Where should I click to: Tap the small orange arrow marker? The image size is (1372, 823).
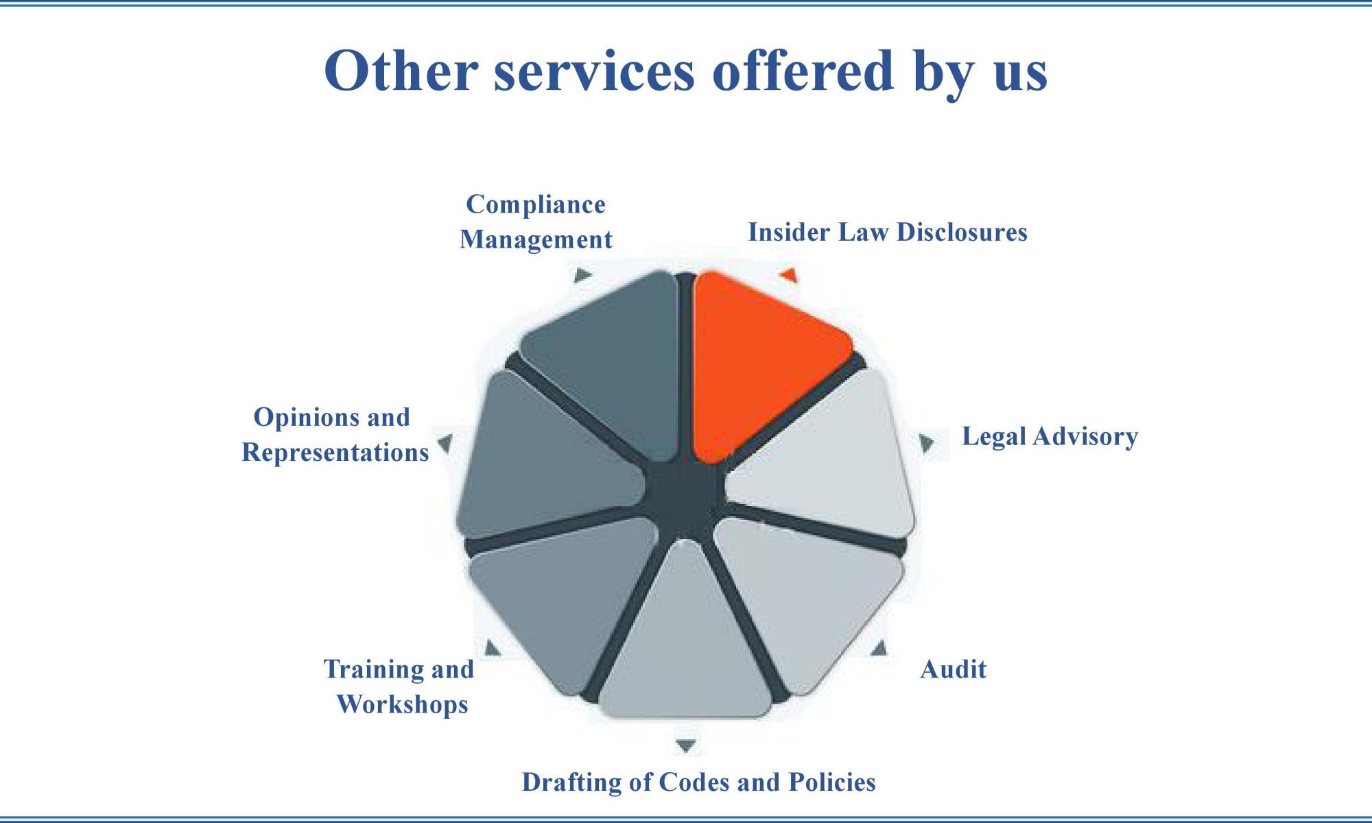click(x=789, y=276)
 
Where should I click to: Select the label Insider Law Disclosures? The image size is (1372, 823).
click(x=888, y=232)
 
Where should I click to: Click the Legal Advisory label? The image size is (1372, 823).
click(x=1050, y=437)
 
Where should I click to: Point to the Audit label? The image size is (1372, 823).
click(x=954, y=669)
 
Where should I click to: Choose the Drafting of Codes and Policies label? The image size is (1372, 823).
click(x=698, y=783)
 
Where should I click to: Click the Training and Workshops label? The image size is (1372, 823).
click(x=400, y=687)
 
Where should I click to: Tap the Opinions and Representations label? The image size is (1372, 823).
click(x=335, y=435)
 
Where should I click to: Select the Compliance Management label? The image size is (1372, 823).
click(x=536, y=222)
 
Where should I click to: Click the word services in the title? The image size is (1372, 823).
click(x=594, y=71)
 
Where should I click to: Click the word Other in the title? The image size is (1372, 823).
click(x=401, y=71)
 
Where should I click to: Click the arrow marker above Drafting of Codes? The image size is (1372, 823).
click(x=686, y=745)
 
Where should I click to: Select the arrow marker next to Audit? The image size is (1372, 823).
click(x=879, y=648)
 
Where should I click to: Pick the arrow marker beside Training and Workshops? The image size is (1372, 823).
click(x=492, y=647)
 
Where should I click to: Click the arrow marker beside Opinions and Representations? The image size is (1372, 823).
click(x=445, y=443)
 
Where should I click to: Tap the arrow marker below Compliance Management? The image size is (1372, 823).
click(x=582, y=276)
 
